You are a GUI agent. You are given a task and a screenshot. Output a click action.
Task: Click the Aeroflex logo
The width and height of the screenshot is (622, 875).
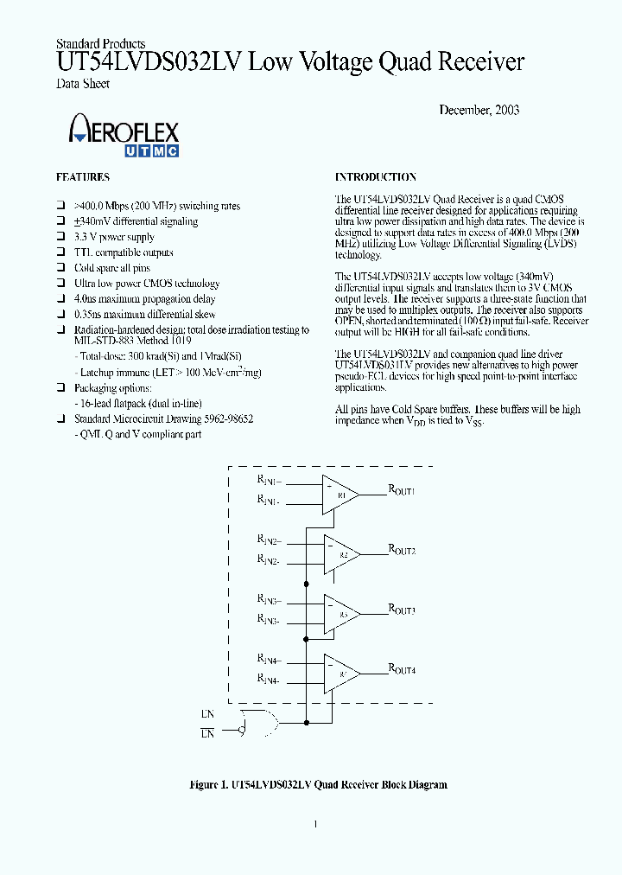point(124,136)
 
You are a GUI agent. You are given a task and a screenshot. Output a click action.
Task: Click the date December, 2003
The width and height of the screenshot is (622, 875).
point(479,110)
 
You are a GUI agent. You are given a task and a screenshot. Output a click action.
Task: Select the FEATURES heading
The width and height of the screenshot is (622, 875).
point(83,177)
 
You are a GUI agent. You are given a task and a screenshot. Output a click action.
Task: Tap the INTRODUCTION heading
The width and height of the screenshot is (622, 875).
point(375,177)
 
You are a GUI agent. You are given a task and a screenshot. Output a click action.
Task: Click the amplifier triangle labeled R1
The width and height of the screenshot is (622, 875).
point(340,495)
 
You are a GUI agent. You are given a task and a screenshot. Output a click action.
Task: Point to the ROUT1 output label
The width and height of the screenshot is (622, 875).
point(402,490)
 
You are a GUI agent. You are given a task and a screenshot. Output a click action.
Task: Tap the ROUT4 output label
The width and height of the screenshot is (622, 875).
point(402,668)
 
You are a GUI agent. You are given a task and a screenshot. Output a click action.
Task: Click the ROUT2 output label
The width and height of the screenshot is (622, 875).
point(402,550)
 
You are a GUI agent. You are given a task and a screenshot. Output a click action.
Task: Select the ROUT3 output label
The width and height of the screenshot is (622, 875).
point(402,610)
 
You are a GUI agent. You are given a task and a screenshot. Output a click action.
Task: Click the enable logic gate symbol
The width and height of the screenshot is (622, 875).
point(263,723)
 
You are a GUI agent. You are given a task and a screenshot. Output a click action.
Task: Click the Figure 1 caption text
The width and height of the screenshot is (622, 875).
point(318,785)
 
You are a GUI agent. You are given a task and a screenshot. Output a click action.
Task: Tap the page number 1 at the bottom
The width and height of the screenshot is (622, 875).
point(315,824)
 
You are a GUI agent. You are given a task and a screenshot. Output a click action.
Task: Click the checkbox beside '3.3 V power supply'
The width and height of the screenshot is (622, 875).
point(61,237)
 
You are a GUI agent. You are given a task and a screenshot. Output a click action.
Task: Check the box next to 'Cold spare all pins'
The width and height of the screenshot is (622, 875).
point(61,268)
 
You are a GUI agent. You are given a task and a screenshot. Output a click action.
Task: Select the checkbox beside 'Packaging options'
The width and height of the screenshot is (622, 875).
point(61,389)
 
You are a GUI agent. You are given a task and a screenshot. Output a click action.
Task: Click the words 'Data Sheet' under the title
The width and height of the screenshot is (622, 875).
point(83,84)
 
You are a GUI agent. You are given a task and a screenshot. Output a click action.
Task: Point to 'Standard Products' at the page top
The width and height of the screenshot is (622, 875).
point(100,44)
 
